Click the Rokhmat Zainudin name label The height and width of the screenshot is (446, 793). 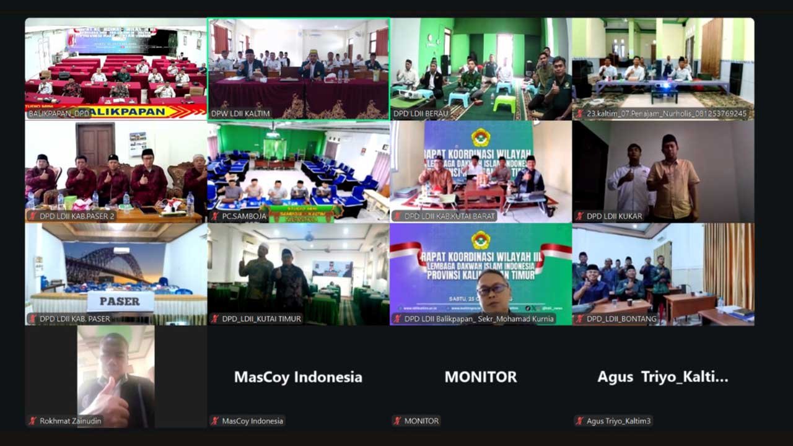click(70, 421)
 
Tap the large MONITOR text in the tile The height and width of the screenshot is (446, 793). click(480, 377)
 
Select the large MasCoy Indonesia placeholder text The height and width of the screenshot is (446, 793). click(298, 377)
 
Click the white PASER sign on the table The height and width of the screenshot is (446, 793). click(120, 302)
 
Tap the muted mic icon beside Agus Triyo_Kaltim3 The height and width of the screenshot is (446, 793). click(579, 421)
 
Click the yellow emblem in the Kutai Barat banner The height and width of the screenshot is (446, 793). click(480, 137)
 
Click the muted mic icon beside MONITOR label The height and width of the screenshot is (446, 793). click(396, 421)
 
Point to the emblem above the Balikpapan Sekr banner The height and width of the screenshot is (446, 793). click(480, 240)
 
